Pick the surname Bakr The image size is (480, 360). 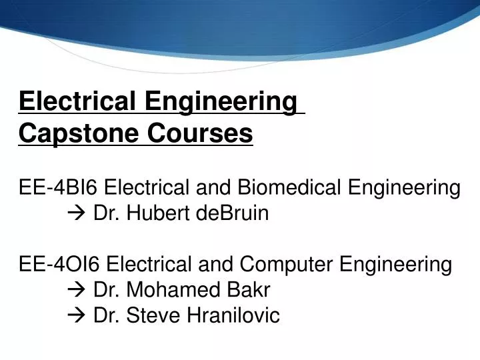247,290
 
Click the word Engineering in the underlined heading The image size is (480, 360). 221,102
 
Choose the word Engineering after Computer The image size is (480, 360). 396,265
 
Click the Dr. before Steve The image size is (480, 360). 105,315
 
